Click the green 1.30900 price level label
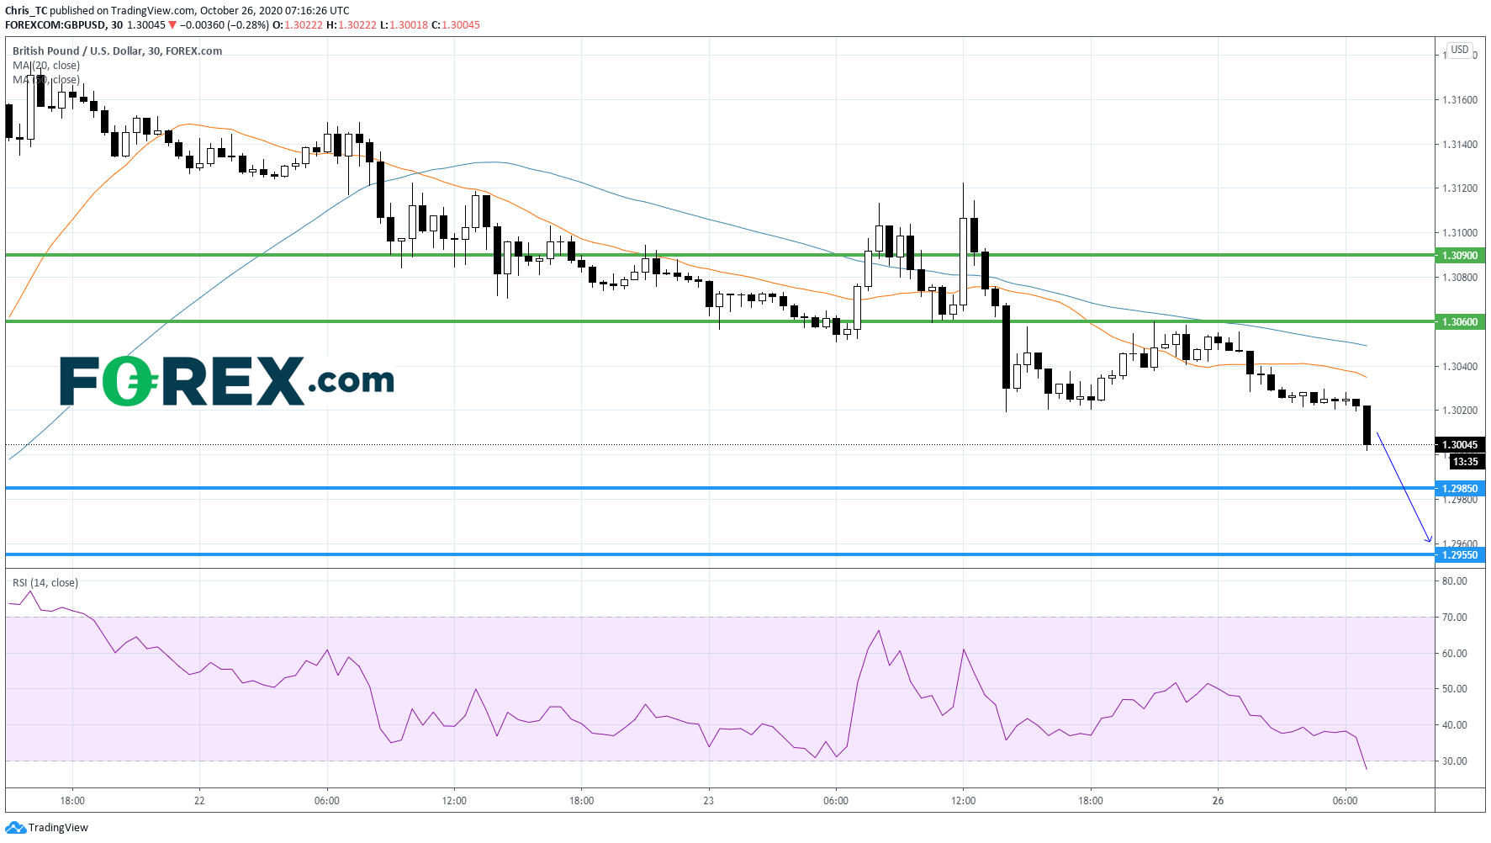1459,255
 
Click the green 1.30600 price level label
1459,321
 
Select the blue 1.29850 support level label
1459,488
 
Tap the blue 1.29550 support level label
1459,554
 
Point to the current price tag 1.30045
1459,444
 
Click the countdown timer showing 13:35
1465,461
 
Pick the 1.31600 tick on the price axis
1459,100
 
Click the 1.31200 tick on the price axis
1459,188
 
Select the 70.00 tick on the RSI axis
1454,617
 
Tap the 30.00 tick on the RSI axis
1454,761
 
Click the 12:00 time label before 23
454,800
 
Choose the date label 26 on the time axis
1218,800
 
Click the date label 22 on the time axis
199,800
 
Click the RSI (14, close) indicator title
45,582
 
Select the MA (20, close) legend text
46,65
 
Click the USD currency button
1459,50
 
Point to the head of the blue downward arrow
1430,541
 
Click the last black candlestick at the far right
1367,425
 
